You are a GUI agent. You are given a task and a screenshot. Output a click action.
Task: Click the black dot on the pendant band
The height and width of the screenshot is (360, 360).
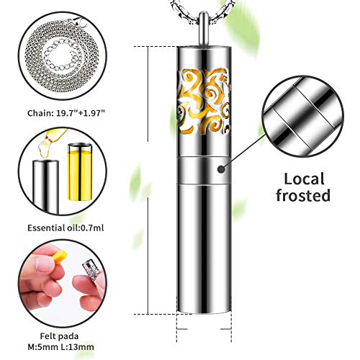pos(221,169)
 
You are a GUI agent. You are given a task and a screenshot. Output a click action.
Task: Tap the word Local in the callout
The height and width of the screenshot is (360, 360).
pos(304,179)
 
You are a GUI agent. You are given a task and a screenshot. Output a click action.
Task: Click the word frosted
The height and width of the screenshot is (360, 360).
pos(303,196)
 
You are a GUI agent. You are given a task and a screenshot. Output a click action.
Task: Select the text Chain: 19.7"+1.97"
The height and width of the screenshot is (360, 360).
pos(66,113)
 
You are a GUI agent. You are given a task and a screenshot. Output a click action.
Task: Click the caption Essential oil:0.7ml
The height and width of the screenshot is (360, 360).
pos(66,228)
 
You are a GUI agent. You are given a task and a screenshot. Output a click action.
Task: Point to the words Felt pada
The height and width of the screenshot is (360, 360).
pos(59,336)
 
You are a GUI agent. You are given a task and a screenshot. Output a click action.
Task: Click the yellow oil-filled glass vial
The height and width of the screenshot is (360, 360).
pos(80,172)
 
